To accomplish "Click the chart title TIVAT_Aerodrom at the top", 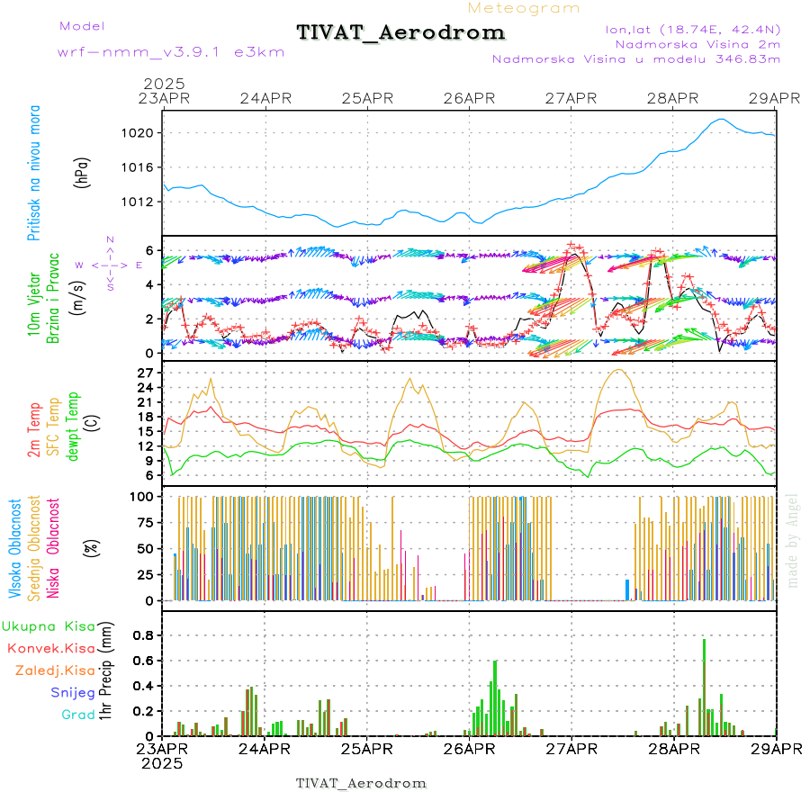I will click(400, 32).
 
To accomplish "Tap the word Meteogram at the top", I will click(524, 8).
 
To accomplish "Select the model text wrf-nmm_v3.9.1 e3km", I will click(170, 52).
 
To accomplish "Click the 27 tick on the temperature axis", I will click(148, 373).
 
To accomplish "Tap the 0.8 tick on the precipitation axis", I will click(144, 634).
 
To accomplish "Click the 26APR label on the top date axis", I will click(469, 98).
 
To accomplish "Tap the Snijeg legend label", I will click(72, 693).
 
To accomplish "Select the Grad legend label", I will click(77, 715).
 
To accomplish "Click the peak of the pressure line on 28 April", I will click(720, 119).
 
